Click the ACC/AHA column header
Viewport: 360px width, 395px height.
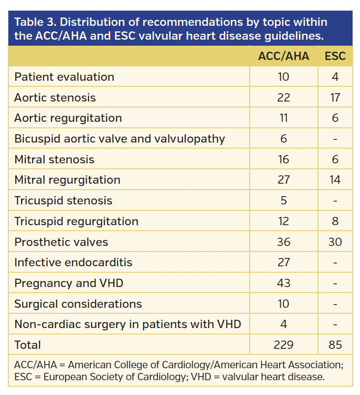coord(283,56)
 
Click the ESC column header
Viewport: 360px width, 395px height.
coord(335,56)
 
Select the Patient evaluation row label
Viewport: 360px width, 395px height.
coord(64,77)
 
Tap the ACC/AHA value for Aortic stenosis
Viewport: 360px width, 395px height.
coord(283,97)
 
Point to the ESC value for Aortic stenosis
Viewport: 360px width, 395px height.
coord(335,97)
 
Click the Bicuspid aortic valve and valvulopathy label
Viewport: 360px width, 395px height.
coord(120,138)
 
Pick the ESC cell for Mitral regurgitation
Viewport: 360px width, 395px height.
coord(335,180)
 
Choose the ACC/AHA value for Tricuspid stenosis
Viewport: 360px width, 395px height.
coord(283,201)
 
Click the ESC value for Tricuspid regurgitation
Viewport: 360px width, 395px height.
coord(335,221)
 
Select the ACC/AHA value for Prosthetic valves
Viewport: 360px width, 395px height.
coord(283,242)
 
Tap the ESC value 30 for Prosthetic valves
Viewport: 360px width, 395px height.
coord(335,242)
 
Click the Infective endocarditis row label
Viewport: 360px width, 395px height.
coord(73,263)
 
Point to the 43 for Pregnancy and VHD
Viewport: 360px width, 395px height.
coord(283,283)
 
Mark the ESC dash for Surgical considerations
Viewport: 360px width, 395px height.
coord(335,304)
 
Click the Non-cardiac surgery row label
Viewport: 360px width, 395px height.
coord(128,324)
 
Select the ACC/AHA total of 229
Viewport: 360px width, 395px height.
coord(283,345)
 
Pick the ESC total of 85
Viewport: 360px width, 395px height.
coord(335,345)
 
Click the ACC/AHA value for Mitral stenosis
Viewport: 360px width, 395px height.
coord(283,159)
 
